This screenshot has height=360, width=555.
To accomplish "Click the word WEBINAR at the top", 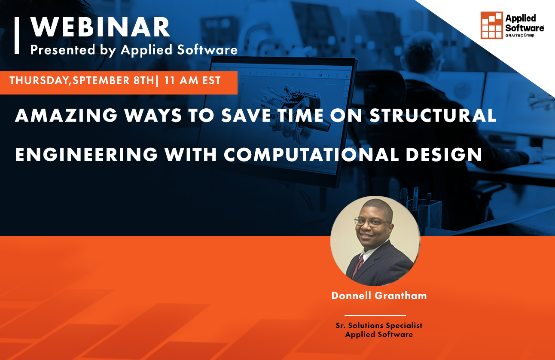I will [100, 28].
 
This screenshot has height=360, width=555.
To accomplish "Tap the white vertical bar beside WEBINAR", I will [17, 36].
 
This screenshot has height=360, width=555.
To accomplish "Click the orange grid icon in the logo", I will [491, 25].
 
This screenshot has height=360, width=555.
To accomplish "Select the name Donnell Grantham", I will [379, 296].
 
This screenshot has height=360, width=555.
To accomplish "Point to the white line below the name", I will [375, 315].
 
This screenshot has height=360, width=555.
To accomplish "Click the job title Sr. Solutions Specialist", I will [379, 326].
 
